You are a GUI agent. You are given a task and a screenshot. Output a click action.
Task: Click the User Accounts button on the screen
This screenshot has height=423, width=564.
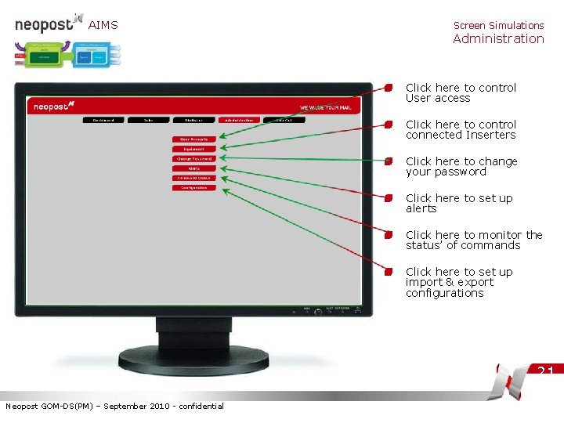193,139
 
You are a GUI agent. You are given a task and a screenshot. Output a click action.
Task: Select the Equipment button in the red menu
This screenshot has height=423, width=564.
193,149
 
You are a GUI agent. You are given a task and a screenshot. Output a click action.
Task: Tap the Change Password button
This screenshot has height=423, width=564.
193,159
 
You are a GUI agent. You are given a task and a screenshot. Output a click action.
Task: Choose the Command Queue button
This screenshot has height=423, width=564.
193,178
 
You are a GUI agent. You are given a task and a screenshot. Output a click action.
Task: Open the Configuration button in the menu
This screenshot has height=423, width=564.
193,188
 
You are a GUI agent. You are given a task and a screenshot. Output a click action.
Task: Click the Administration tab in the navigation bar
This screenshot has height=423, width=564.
239,120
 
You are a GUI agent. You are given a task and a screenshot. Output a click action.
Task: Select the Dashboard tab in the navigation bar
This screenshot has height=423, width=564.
103,120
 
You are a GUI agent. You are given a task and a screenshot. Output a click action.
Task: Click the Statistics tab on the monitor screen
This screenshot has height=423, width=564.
193,120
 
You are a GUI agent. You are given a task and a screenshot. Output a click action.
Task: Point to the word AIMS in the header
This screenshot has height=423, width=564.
103,25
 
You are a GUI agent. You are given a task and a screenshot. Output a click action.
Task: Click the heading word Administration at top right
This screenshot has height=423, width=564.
498,38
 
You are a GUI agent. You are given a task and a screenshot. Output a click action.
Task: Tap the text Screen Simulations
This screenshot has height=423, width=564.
498,25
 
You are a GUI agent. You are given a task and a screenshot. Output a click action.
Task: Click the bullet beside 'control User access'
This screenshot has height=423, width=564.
389,89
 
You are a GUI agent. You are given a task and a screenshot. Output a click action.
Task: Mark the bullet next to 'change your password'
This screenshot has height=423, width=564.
389,162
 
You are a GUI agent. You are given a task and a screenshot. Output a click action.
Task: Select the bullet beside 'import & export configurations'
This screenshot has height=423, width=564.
389,273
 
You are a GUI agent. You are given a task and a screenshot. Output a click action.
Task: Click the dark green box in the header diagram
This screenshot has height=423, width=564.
45,56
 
